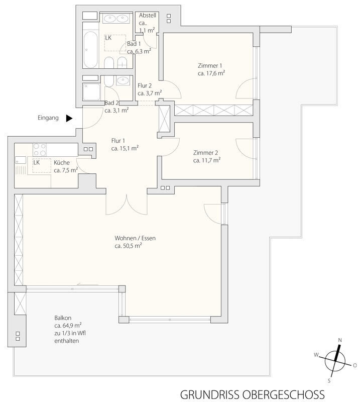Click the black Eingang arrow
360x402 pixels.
(x=69, y=118)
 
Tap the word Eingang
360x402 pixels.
(x=48, y=118)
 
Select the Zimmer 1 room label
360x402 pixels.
(x=210, y=66)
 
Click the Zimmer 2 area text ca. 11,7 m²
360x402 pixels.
(x=207, y=160)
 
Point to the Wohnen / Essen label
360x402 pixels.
(x=135, y=238)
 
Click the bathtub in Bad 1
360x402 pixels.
(x=90, y=49)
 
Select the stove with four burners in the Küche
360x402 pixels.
(x=40, y=150)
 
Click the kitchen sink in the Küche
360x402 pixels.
(x=21, y=160)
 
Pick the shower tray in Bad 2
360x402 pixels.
(x=91, y=91)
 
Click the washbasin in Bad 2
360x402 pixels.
(x=123, y=81)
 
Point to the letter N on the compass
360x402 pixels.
(x=340, y=340)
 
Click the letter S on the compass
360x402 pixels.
(x=329, y=381)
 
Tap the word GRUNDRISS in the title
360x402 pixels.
(x=209, y=395)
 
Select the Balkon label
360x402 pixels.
(x=63, y=318)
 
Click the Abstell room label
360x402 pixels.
(x=148, y=16)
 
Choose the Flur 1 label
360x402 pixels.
(x=118, y=141)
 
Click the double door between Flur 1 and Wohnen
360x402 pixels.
(x=127, y=205)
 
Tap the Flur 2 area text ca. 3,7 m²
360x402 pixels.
(x=150, y=93)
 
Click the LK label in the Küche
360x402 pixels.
(x=37, y=162)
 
